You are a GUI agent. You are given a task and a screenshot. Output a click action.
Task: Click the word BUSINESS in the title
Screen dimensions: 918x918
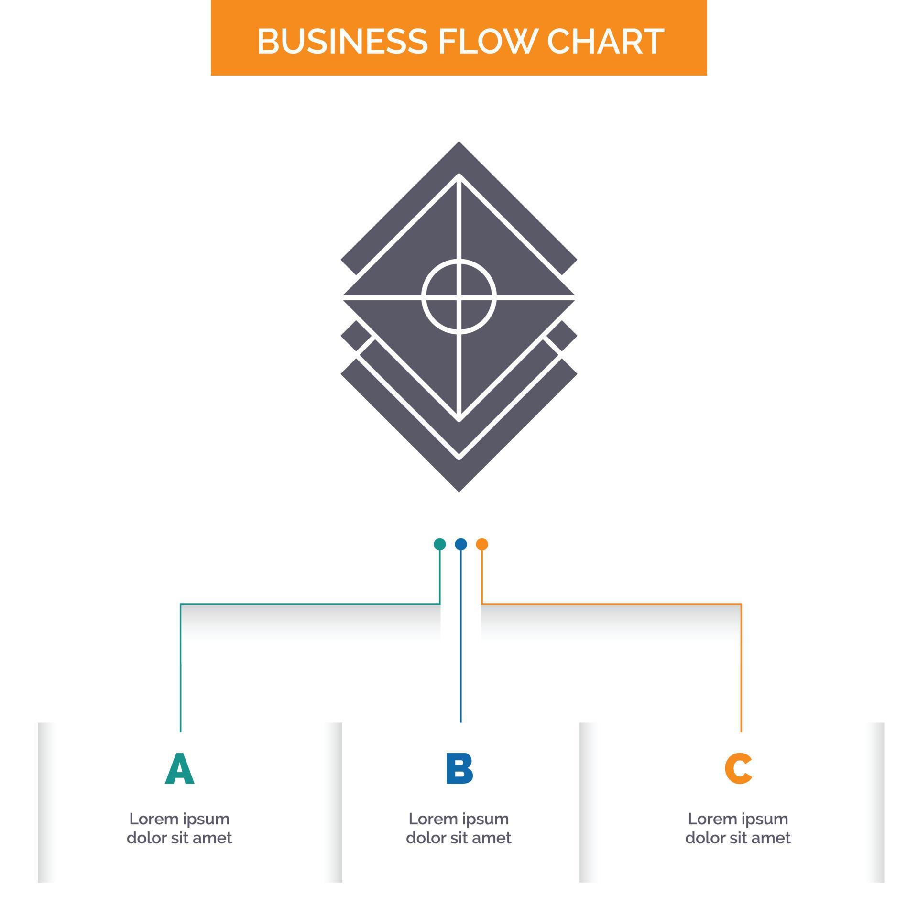(342, 41)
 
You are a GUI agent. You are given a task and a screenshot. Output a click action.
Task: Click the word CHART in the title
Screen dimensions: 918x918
(605, 41)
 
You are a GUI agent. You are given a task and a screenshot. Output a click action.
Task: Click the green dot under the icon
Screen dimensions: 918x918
(439, 544)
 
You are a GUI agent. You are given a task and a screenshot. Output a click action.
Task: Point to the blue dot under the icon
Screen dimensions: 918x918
(460, 544)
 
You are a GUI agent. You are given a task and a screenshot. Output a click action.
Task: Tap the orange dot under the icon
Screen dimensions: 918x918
(482, 544)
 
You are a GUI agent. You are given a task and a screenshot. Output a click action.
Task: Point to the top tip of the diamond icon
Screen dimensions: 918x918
(459, 142)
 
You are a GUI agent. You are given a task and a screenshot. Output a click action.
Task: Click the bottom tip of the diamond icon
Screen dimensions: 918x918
(459, 492)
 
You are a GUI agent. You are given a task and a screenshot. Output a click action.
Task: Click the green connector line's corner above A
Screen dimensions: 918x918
(180, 604)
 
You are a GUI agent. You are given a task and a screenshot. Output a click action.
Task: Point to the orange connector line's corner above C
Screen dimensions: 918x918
(741, 604)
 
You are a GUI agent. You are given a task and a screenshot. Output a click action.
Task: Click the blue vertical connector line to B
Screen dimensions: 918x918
(460, 636)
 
